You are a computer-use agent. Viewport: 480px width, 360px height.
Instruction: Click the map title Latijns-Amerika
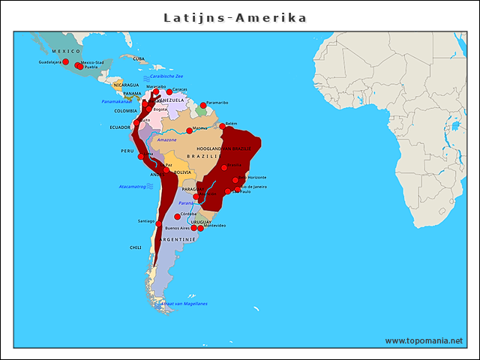click(x=235, y=18)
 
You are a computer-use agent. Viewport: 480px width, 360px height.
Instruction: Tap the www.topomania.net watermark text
click(x=424, y=340)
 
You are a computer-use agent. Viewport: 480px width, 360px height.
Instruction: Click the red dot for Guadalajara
click(x=65, y=61)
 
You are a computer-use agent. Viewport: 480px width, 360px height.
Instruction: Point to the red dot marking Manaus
click(x=189, y=130)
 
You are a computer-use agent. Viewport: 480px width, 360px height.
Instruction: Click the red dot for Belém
click(x=222, y=126)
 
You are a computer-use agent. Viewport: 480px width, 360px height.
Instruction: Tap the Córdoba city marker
click(x=178, y=217)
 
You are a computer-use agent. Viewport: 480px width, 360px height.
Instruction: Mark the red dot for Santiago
click(x=158, y=222)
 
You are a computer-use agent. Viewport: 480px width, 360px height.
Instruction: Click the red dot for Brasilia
click(x=223, y=167)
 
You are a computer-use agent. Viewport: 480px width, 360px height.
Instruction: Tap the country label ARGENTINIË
click(x=178, y=239)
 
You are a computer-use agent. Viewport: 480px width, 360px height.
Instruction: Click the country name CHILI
click(x=135, y=247)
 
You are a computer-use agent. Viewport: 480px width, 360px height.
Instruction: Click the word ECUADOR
click(x=120, y=127)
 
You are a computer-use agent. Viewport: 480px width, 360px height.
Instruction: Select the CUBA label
click(x=139, y=58)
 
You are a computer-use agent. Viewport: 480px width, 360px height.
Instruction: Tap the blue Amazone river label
click(x=166, y=139)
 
